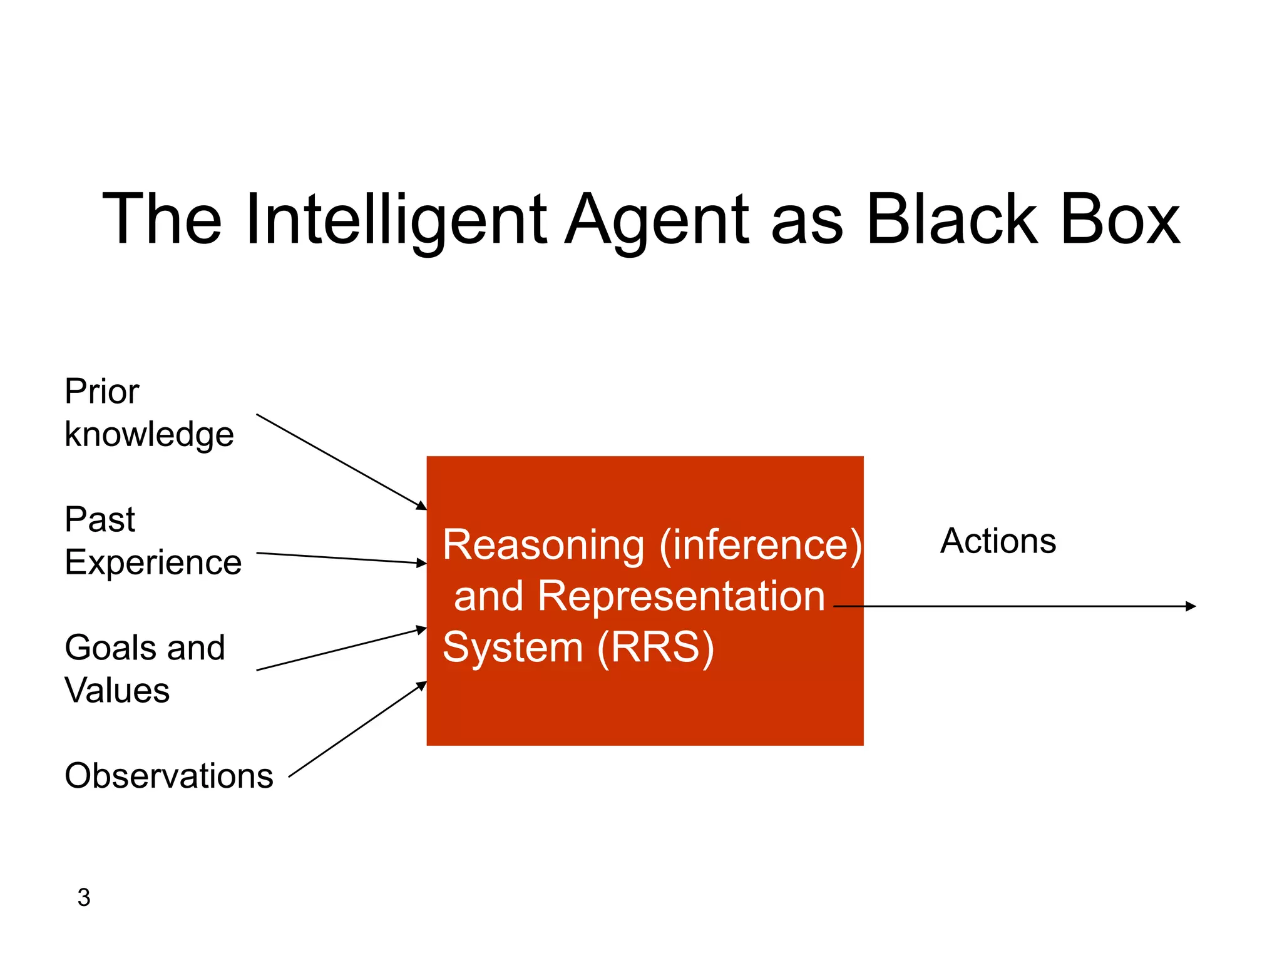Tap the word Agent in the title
(657, 220)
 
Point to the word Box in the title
(1120, 220)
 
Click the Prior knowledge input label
(149, 412)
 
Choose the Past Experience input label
(153, 541)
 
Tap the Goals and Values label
(145, 669)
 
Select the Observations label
(169, 776)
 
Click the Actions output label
(998, 541)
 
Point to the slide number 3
(84, 897)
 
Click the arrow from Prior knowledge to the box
(341, 462)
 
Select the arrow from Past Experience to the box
(341, 558)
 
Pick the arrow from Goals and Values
(341, 649)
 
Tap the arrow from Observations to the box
(357, 730)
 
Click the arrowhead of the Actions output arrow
(1190, 606)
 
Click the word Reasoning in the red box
(543, 545)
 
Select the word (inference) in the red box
(760, 545)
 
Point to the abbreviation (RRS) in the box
(655, 648)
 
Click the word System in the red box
(513, 648)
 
